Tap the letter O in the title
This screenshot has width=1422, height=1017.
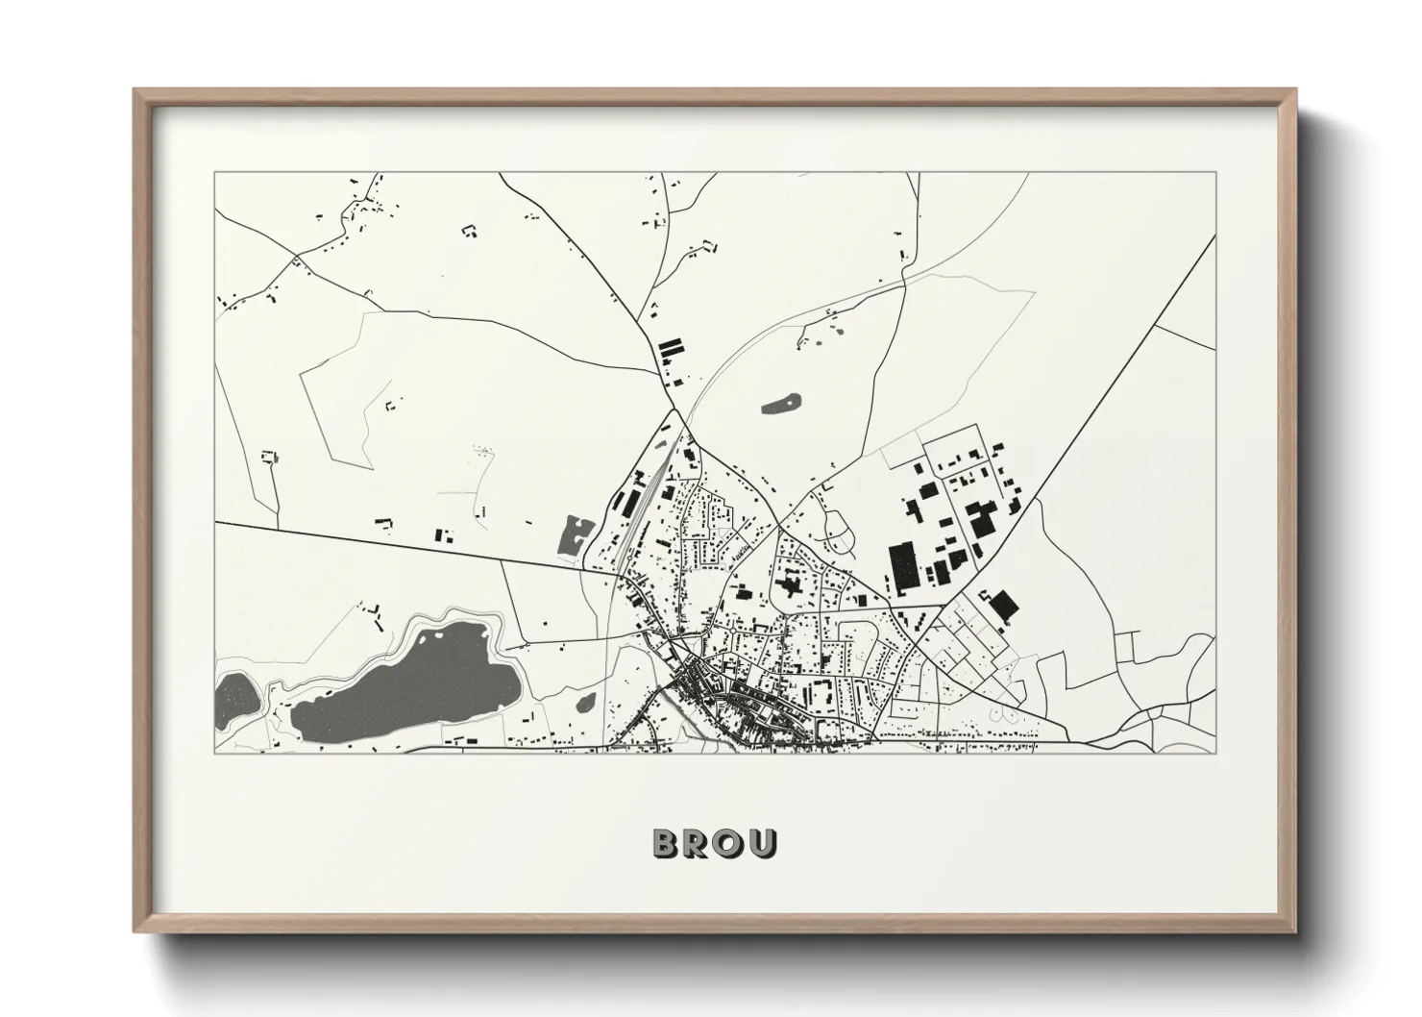click(730, 843)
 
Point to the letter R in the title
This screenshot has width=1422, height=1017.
click(699, 843)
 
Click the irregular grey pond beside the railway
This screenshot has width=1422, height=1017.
click(574, 534)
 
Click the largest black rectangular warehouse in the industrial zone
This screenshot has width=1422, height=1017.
click(904, 567)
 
